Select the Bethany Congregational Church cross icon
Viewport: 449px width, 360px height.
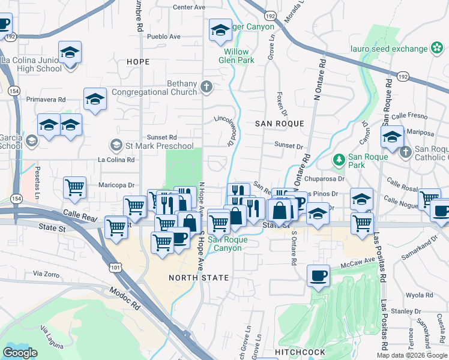click(x=206, y=88)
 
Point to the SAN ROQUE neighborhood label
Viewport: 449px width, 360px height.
click(x=280, y=123)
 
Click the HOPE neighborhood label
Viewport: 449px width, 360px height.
click(x=138, y=62)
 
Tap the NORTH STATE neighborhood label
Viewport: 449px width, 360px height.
click(x=199, y=278)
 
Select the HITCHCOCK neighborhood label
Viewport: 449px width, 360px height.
click(x=300, y=352)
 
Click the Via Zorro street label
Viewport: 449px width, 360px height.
click(x=46, y=274)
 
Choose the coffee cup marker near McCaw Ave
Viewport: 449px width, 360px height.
click(x=318, y=277)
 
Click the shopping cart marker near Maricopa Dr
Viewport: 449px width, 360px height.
click(x=75, y=187)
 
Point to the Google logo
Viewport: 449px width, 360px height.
click(x=20, y=353)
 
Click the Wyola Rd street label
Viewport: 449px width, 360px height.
click(x=420, y=295)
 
